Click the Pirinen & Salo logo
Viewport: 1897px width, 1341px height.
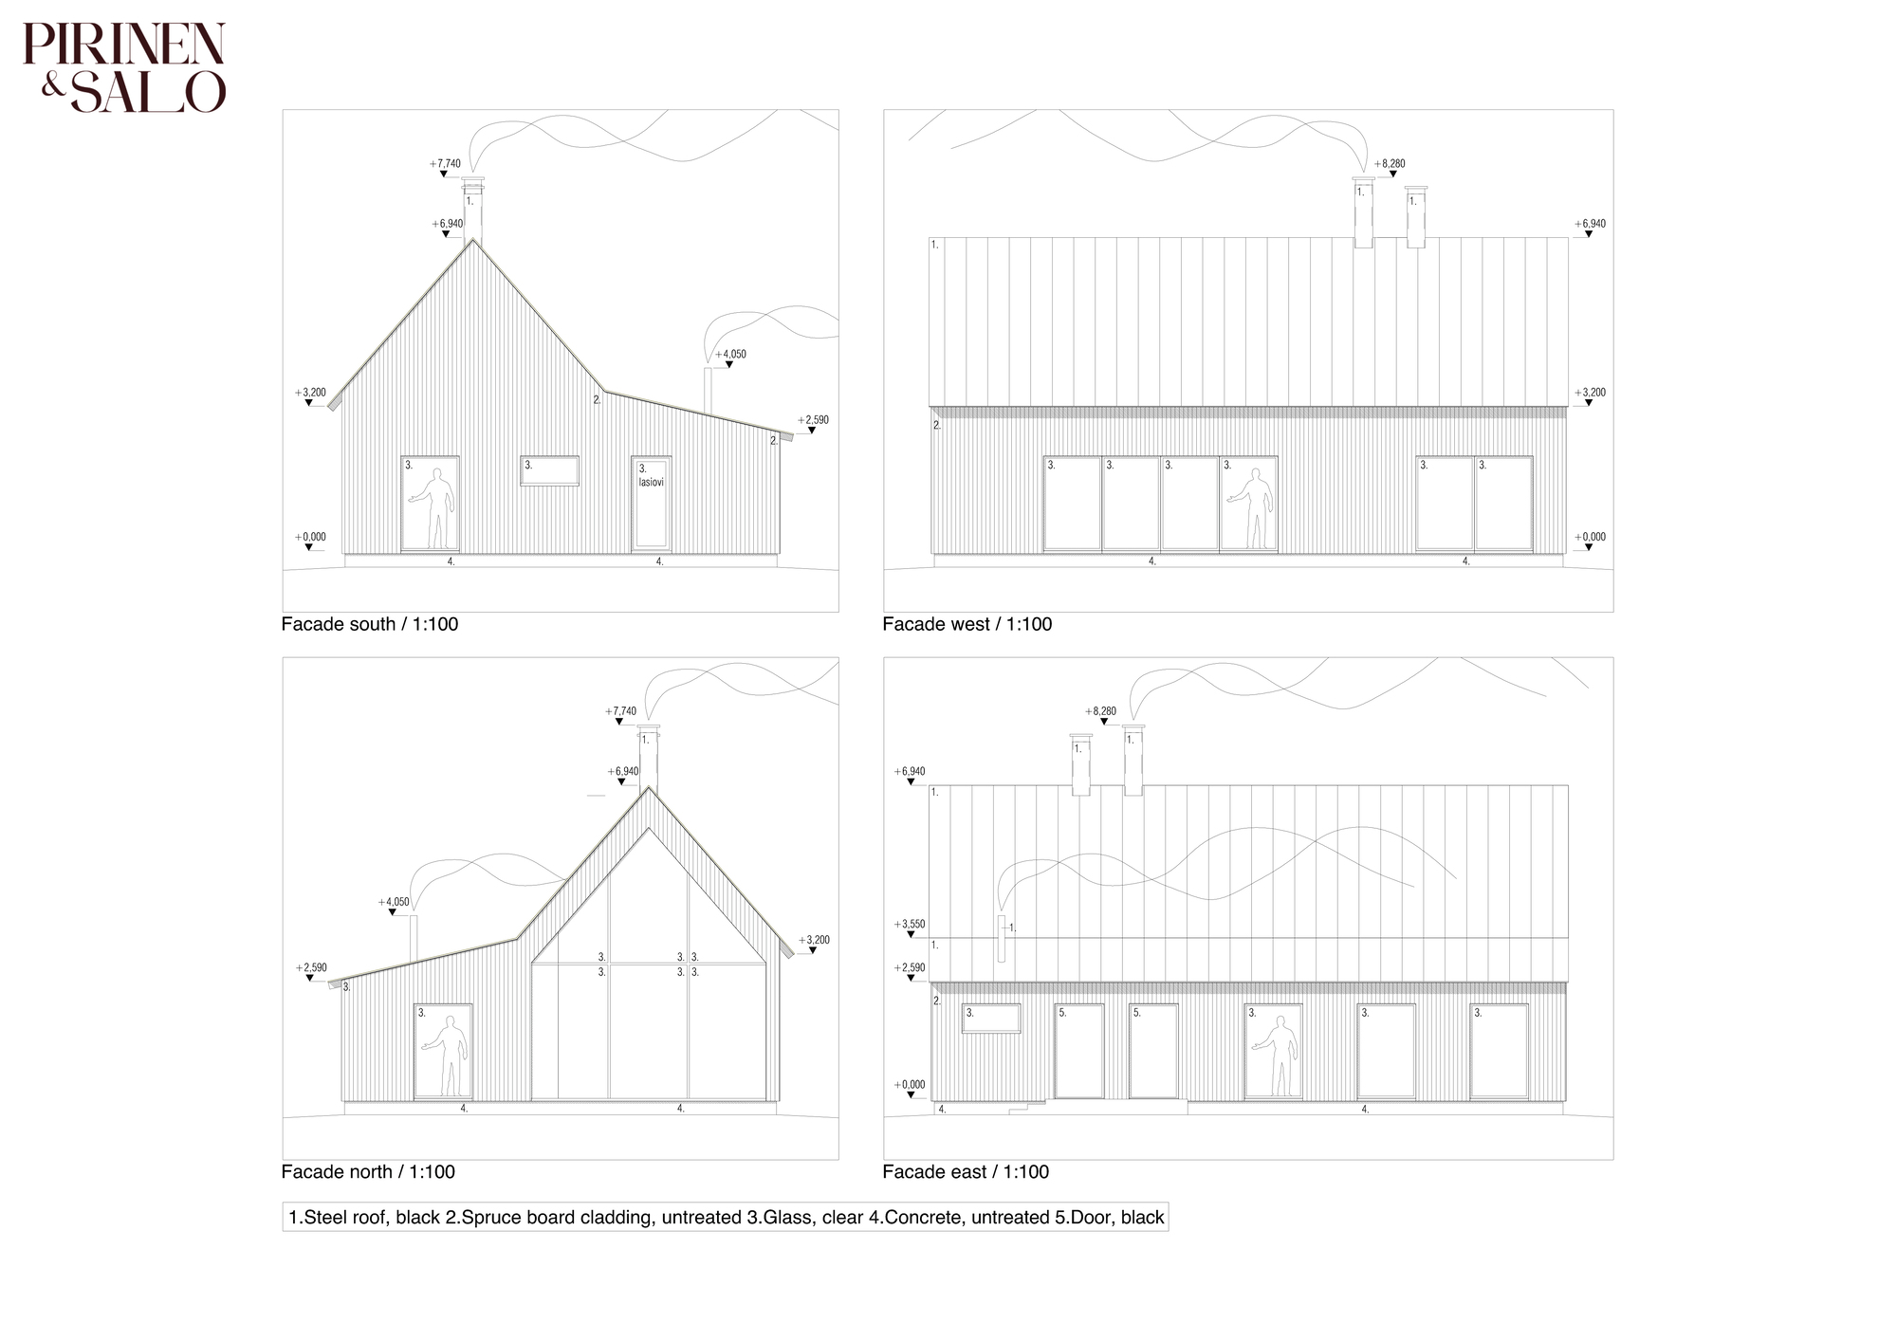pos(124,68)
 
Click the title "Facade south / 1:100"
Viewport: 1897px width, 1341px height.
pos(370,624)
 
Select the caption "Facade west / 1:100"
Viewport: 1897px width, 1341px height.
pos(967,624)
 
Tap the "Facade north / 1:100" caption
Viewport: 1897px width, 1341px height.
pos(368,1171)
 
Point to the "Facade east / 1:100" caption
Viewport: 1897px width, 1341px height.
pos(966,1171)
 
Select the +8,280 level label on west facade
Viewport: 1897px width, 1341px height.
pos(1391,164)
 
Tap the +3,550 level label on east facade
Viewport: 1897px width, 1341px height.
pos(910,924)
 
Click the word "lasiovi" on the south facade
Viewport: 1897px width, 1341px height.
pos(652,483)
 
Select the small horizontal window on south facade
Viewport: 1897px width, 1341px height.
pos(549,471)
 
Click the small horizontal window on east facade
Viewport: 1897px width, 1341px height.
pos(991,1019)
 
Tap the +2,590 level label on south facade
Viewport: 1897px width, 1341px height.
pos(814,420)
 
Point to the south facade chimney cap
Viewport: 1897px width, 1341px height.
pos(472,180)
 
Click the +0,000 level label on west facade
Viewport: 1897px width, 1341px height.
pos(1591,537)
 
